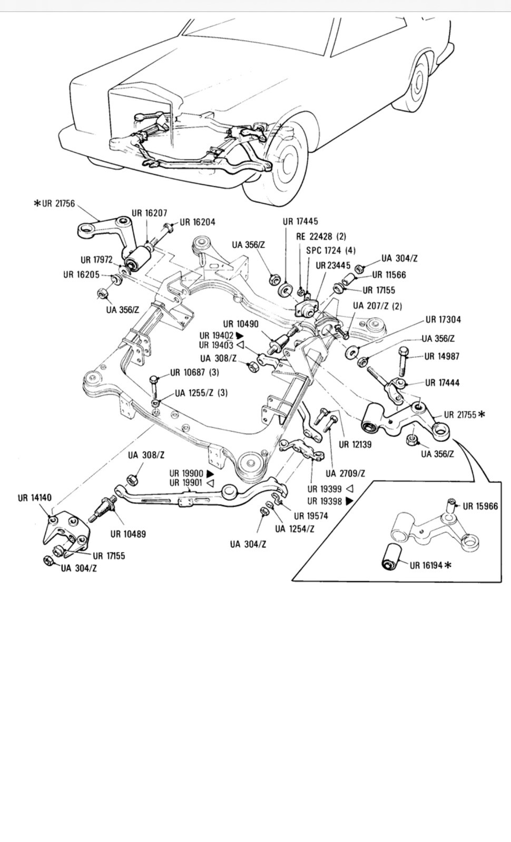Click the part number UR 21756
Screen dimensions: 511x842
[58, 203]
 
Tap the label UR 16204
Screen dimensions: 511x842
[198, 222]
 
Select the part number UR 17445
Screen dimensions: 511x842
[300, 222]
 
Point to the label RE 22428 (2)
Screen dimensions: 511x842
[321, 236]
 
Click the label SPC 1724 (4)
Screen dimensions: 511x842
[331, 250]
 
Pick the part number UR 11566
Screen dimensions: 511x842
[389, 275]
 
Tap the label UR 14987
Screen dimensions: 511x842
[442, 356]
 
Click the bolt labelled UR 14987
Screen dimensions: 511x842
[402, 362]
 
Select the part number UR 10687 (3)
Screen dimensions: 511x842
[194, 373]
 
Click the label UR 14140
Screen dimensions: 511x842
[35, 498]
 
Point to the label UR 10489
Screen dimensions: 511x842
[129, 534]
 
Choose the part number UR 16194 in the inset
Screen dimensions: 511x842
[426, 565]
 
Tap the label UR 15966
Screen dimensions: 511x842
[480, 506]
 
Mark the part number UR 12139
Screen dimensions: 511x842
[355, 444]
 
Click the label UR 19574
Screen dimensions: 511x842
[311, 516]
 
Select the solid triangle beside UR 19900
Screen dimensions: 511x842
[210, 474]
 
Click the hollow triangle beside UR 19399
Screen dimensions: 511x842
[349, 489]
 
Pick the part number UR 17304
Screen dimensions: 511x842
[443, 319]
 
